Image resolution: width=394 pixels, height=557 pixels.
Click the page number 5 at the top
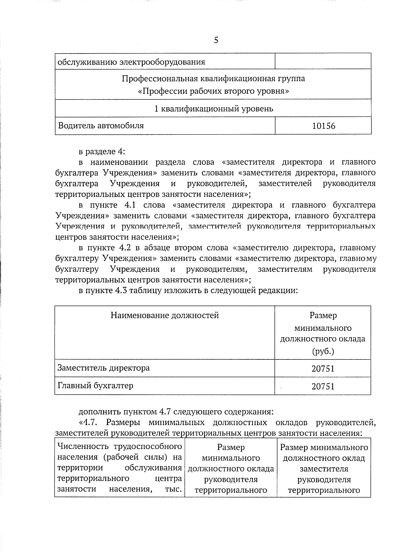(216, 40)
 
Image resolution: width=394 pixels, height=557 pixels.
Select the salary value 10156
(323, 126)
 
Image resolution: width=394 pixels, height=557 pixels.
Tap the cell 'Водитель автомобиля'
(101, 125)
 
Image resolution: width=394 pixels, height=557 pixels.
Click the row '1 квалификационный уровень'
(213, 108)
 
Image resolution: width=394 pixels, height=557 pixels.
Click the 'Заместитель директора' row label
(103, 368)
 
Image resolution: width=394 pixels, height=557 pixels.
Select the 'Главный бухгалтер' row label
(96, 385)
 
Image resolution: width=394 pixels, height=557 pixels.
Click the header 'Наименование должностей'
(164, 315)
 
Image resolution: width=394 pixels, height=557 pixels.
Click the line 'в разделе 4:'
(102, 152)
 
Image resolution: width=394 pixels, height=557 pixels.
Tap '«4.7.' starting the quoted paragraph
(89, 422)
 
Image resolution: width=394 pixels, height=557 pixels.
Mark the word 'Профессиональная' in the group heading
(155, 79)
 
